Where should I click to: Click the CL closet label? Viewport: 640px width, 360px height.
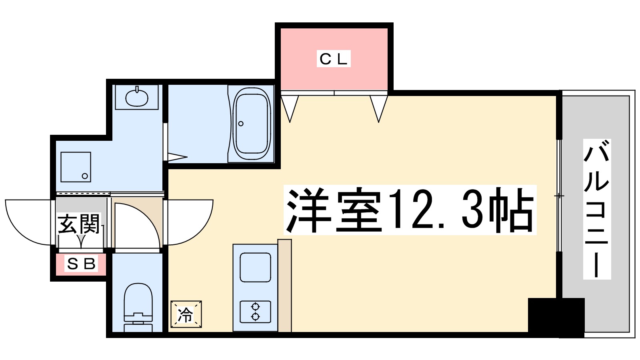(x=334, y=59)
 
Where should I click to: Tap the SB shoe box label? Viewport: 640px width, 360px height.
(x=82, y=264)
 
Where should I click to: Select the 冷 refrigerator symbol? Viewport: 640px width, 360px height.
(x=186, y=314)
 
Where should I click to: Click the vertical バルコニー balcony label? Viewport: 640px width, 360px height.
(x=596, y=209)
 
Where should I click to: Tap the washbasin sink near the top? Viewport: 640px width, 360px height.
(x=136, y=97)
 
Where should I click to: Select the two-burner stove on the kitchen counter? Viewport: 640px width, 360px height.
(x=255, y=312)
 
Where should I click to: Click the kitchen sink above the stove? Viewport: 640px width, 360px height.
(x=255, y=267)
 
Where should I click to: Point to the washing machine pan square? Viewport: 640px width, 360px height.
(x=76, y=167)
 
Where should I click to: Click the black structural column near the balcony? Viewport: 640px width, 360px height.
(x=556, y=317)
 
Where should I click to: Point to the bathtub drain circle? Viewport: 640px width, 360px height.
(x=241, y=124)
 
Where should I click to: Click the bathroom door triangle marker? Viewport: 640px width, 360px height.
(x=176, y=157)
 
